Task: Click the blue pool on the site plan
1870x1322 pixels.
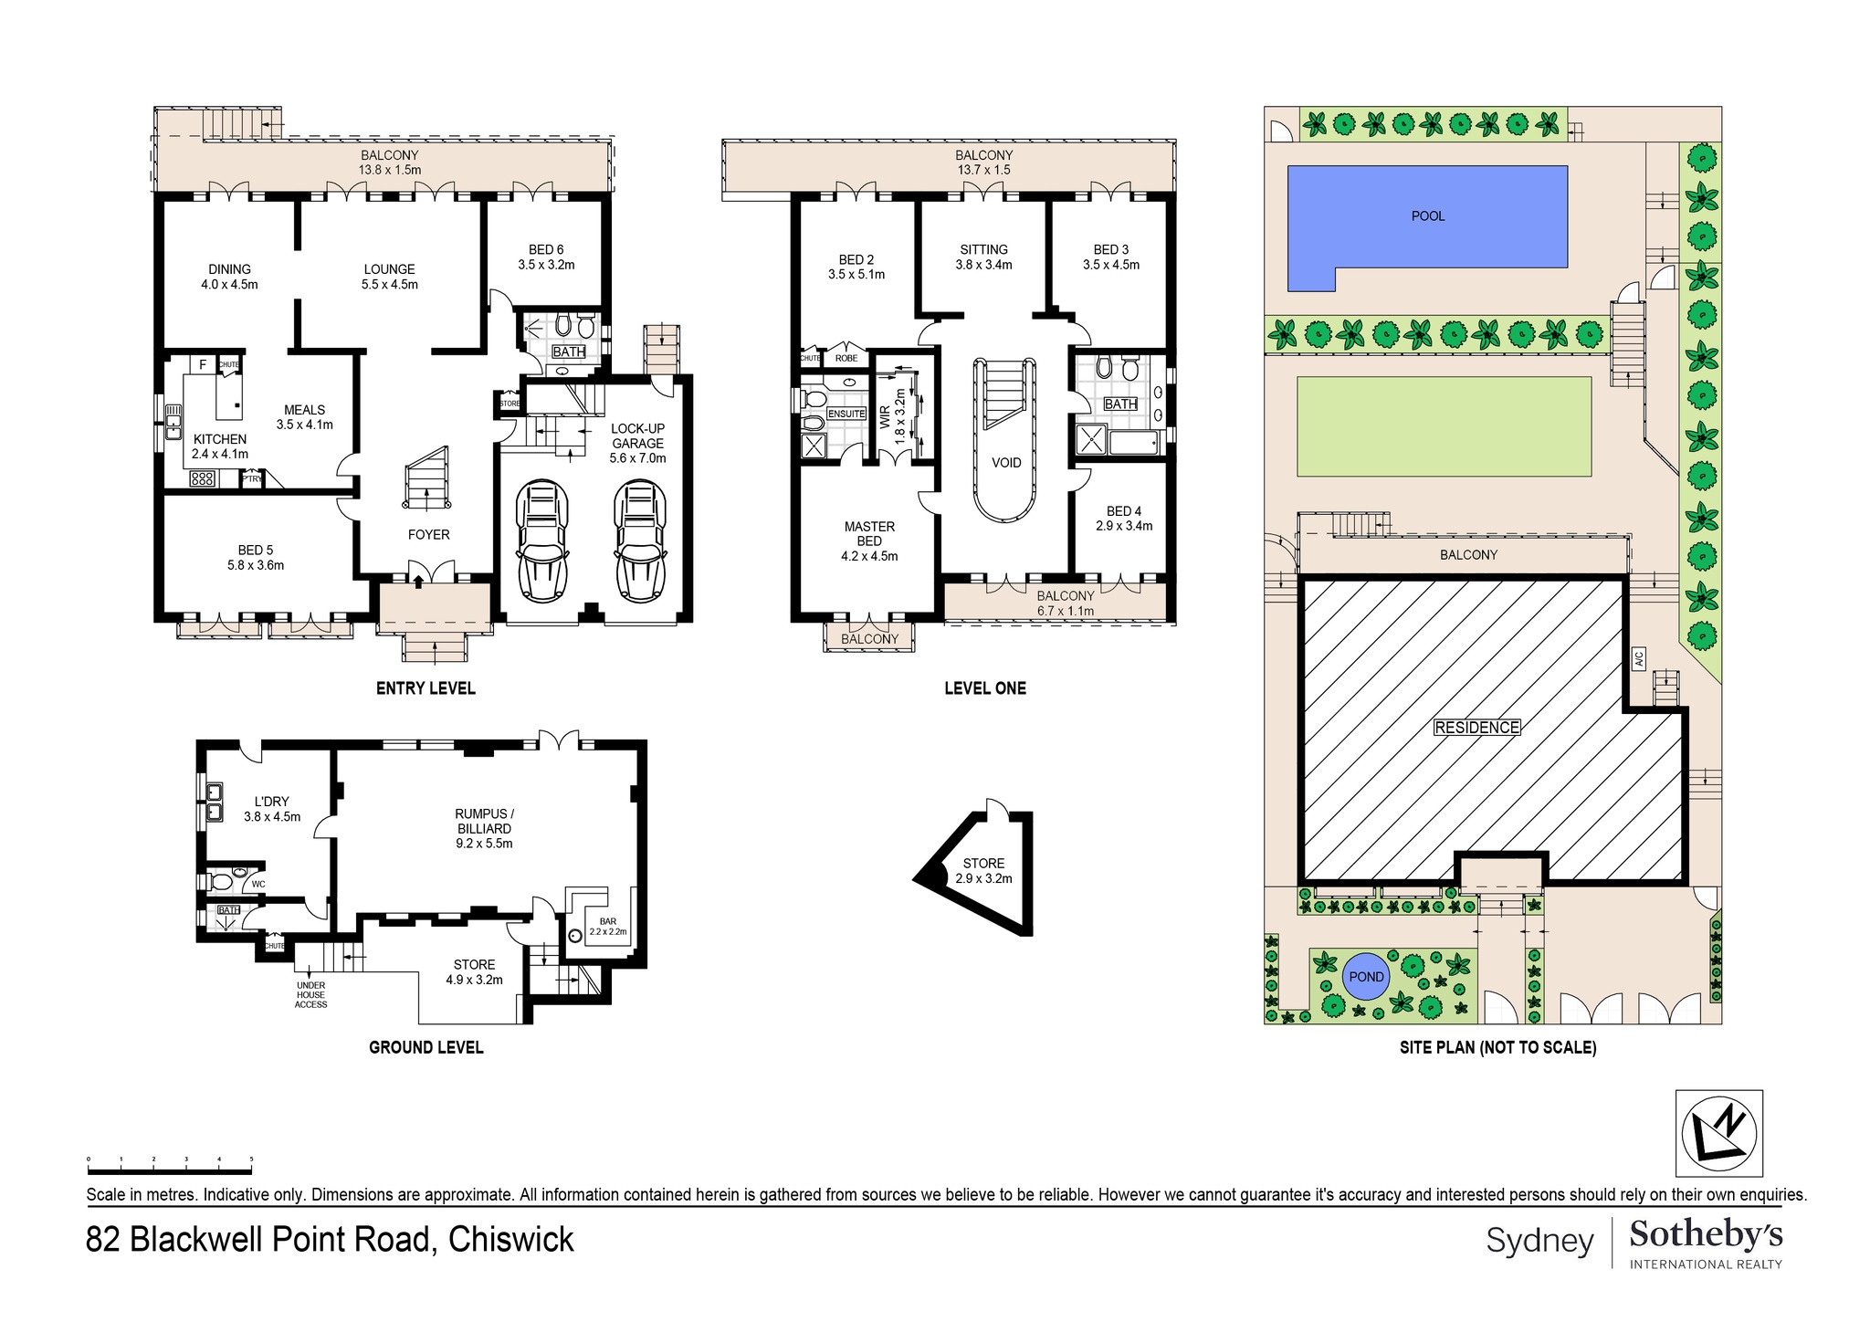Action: [1427, 216]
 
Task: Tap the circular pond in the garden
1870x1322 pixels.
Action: [1366, 977]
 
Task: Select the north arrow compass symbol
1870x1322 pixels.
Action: [1718, 1132]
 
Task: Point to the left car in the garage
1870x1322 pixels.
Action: [542, 540]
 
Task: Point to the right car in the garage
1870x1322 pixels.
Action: [639, 540]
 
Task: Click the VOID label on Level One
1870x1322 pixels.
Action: [1006, 463]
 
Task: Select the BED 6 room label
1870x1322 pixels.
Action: [546, 250]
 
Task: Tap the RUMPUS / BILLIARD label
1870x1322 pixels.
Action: [484, 821]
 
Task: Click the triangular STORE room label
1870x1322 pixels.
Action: [983, 864]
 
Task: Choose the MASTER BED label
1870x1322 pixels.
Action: [869, 533]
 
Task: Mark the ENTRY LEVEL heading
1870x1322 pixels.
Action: [425, 688]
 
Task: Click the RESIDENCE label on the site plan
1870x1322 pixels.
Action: [1476, 728]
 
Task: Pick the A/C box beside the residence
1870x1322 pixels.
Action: [1639, 658]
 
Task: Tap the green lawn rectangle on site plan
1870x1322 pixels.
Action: [1444, 426]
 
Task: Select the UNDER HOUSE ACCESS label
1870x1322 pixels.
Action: [310, 995]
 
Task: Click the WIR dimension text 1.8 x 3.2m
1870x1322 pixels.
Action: [900, 416]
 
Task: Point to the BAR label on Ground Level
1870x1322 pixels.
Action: [608, 921]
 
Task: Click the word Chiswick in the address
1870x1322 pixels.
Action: [510, 1240]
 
